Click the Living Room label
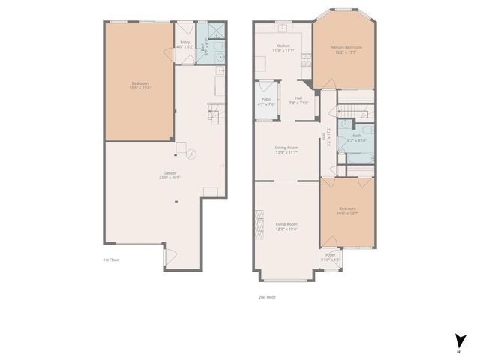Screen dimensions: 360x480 tap(287, 224)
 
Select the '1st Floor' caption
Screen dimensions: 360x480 tap(111, 259)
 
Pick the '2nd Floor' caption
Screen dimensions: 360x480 tap(268, 296)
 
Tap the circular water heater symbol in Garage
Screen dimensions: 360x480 tap(192, 154)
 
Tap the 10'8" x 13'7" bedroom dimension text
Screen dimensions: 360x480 tap(347, 213)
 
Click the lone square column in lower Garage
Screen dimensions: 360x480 tap(176, 201)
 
